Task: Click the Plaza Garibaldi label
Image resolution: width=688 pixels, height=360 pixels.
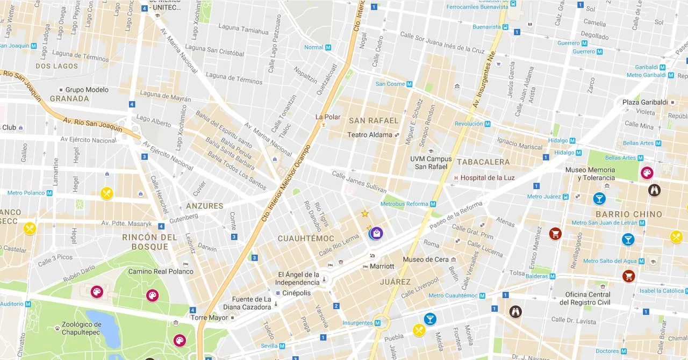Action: (644, 102)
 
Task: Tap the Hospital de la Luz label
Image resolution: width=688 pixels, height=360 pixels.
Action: (488, 178)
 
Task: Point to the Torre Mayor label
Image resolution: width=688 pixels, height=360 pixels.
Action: (210, 318)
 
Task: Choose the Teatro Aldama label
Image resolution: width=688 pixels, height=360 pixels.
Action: (370, 135)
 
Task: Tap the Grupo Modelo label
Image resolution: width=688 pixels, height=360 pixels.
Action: (87, 90)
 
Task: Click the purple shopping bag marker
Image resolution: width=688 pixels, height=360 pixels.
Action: (376, 233)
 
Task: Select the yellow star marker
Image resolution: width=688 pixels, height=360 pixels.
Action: (365, 214)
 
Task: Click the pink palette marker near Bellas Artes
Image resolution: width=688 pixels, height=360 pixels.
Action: (647, 172)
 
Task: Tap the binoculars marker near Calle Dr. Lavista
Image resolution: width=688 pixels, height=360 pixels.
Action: (515, 312)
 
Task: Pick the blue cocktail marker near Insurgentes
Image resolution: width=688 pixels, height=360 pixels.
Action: (430, 319)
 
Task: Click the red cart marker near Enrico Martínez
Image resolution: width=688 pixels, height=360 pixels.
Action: (555, 233)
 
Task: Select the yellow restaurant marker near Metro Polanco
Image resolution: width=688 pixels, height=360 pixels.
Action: (106, 193)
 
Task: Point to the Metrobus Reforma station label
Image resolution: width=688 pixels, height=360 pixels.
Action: (404, 204)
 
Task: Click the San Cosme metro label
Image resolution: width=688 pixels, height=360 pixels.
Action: (390, 84)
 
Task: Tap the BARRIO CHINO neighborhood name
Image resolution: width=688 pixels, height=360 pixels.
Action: (629, 214)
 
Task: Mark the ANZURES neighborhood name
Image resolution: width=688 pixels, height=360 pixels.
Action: (204, 206)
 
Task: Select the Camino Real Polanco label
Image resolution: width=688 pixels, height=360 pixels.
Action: (160, 271)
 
